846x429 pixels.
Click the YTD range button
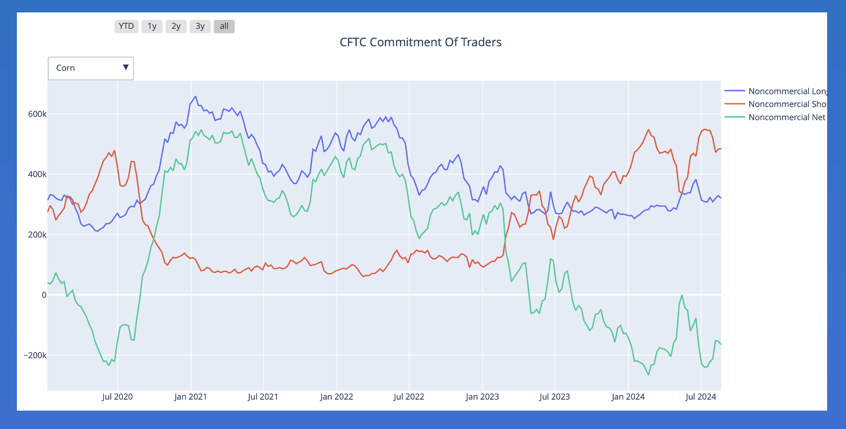pyautogui.click(x=126, y=26)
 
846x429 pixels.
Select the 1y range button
pyautogui.click(x=152, y=26)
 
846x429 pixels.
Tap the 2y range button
pyautogui.click(x=176, y=26)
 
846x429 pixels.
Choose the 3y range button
pyautogui.click(x=200, y=26)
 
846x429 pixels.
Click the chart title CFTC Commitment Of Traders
pyautogui.click(x=421, y=42)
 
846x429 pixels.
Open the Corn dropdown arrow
pyautogui.click(x=126, y=68)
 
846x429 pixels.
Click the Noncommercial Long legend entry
pyautogui.click(x=787, y=91)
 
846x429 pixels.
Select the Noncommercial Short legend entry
pyautogui.click(x=787, y=104)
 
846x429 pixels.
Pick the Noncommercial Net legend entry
pyautogui.click(x=786, y=117)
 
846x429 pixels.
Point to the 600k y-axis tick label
pyautogui.click(x=37, y=114)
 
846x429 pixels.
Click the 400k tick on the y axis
pyautogui.click(x=37, y=174)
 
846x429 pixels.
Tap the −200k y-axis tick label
pyautogui.click(x=35, y=356)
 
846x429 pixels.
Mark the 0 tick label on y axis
pyautogui.click(x=44, y=295)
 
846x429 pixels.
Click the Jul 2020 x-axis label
pyautogui.click(x=117, y=397)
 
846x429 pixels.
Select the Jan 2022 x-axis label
pyautogui.click(x=337, y=397)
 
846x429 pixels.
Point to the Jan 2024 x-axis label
pyautogui.click(x=628, y=397)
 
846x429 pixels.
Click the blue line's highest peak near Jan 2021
pyautogui.click(x=195, y=96)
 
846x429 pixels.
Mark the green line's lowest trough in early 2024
pyautogui.click(x=648, y=374)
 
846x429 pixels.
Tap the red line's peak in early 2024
pyautogui.click(x=648, y=130)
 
